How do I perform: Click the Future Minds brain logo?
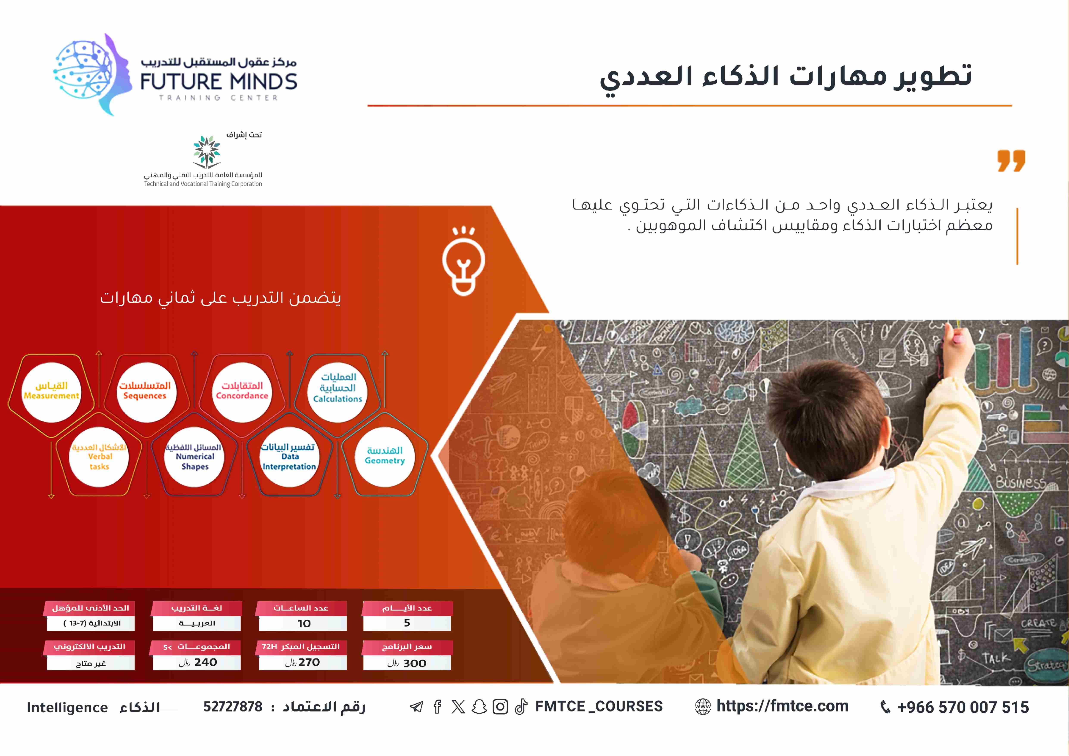[x=92, y=75]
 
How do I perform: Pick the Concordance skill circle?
[x=242, y=392]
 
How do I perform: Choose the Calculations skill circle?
[x=338, y=392]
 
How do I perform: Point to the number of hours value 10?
[x=304, y=624]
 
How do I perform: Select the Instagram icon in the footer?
[x=500, y=707]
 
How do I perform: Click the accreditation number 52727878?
[x=233, y=707]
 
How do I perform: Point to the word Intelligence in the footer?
[x=67, y=708]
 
